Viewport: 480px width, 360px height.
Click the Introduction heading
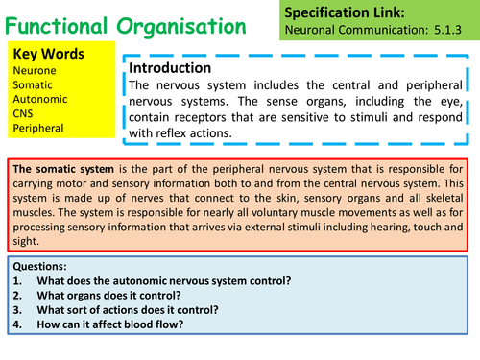pos(170,69)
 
